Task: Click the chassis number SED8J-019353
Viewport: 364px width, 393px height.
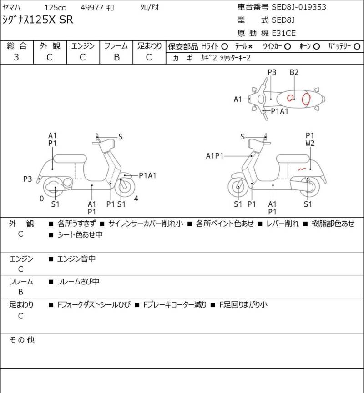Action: pyautogui.click(x=299, y=7)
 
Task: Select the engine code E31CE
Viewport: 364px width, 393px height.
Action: pyautogui.click(x=283, y=33)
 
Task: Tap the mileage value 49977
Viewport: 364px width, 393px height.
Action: pyautogui.click(x=91, y=8)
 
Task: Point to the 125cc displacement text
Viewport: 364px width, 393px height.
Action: pyautogui.click(x=55, y=8)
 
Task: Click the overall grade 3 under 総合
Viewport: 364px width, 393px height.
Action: pyautogui.click(x=16, y=57)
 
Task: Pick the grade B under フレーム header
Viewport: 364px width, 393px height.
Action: pyautogui.click(x=116, y=57)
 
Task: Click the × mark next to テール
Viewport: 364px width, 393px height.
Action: pyautogui.click(x=250, y=47)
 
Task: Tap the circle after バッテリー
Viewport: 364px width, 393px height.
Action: pyautogui.click(x=357, y=46)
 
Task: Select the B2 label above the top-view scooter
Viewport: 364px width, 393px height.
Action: pyautogui.click(x=294, y=72)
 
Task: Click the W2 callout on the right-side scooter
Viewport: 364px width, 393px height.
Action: pyautogui.click(x=310, y=144)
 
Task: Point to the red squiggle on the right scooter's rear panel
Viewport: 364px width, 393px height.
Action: pyautogui.click(x=302, y=169)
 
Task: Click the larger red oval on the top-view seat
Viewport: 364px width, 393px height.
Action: pyautogui.click(x=306, y=99)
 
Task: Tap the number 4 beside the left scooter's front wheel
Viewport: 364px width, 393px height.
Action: pyautogui.click(x=136, y=199)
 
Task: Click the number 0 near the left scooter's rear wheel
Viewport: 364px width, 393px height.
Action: pyautogui.click(x=42, y=199)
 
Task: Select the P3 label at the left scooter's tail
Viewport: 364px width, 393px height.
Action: pyautogui.click(x=27, y=179)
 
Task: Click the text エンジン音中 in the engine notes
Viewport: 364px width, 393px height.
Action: pyautogui.click(x=76, y=259)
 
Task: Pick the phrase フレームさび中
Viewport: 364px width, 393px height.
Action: pyautogui.click(x=78, y=282)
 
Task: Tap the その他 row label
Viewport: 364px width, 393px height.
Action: pyautogui.click(x=22, y=340)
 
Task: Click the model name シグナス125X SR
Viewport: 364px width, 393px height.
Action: pyautogui.click(x=38, y=20)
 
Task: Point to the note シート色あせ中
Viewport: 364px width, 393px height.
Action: pyautogui.click(x=80, y=234)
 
